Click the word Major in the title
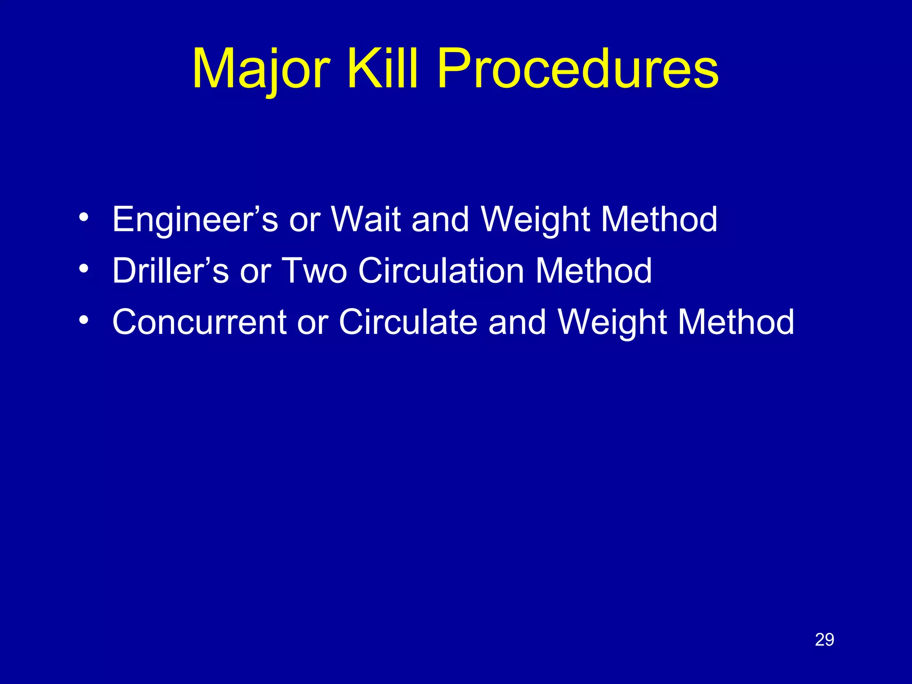point(261,69)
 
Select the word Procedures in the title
point(578,69)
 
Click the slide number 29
point(824,640)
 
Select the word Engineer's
point(195,219)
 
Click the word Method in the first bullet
point(659,219)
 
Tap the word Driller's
point(171,270)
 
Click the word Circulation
point(441,270)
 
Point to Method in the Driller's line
point(594,270)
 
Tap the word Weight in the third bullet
point(612,322)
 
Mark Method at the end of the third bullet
point(736,322)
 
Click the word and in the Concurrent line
point(517,322)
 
